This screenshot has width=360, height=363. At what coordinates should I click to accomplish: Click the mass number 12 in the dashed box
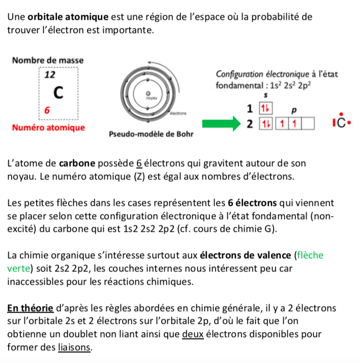point(49,75)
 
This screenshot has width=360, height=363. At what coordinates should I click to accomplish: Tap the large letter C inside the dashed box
point(59,93)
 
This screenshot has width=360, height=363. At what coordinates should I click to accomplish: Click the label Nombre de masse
point(47,60)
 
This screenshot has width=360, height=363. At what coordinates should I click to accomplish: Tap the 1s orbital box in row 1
point(264,108)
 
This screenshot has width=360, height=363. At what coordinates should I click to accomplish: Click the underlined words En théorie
point(31,308)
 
